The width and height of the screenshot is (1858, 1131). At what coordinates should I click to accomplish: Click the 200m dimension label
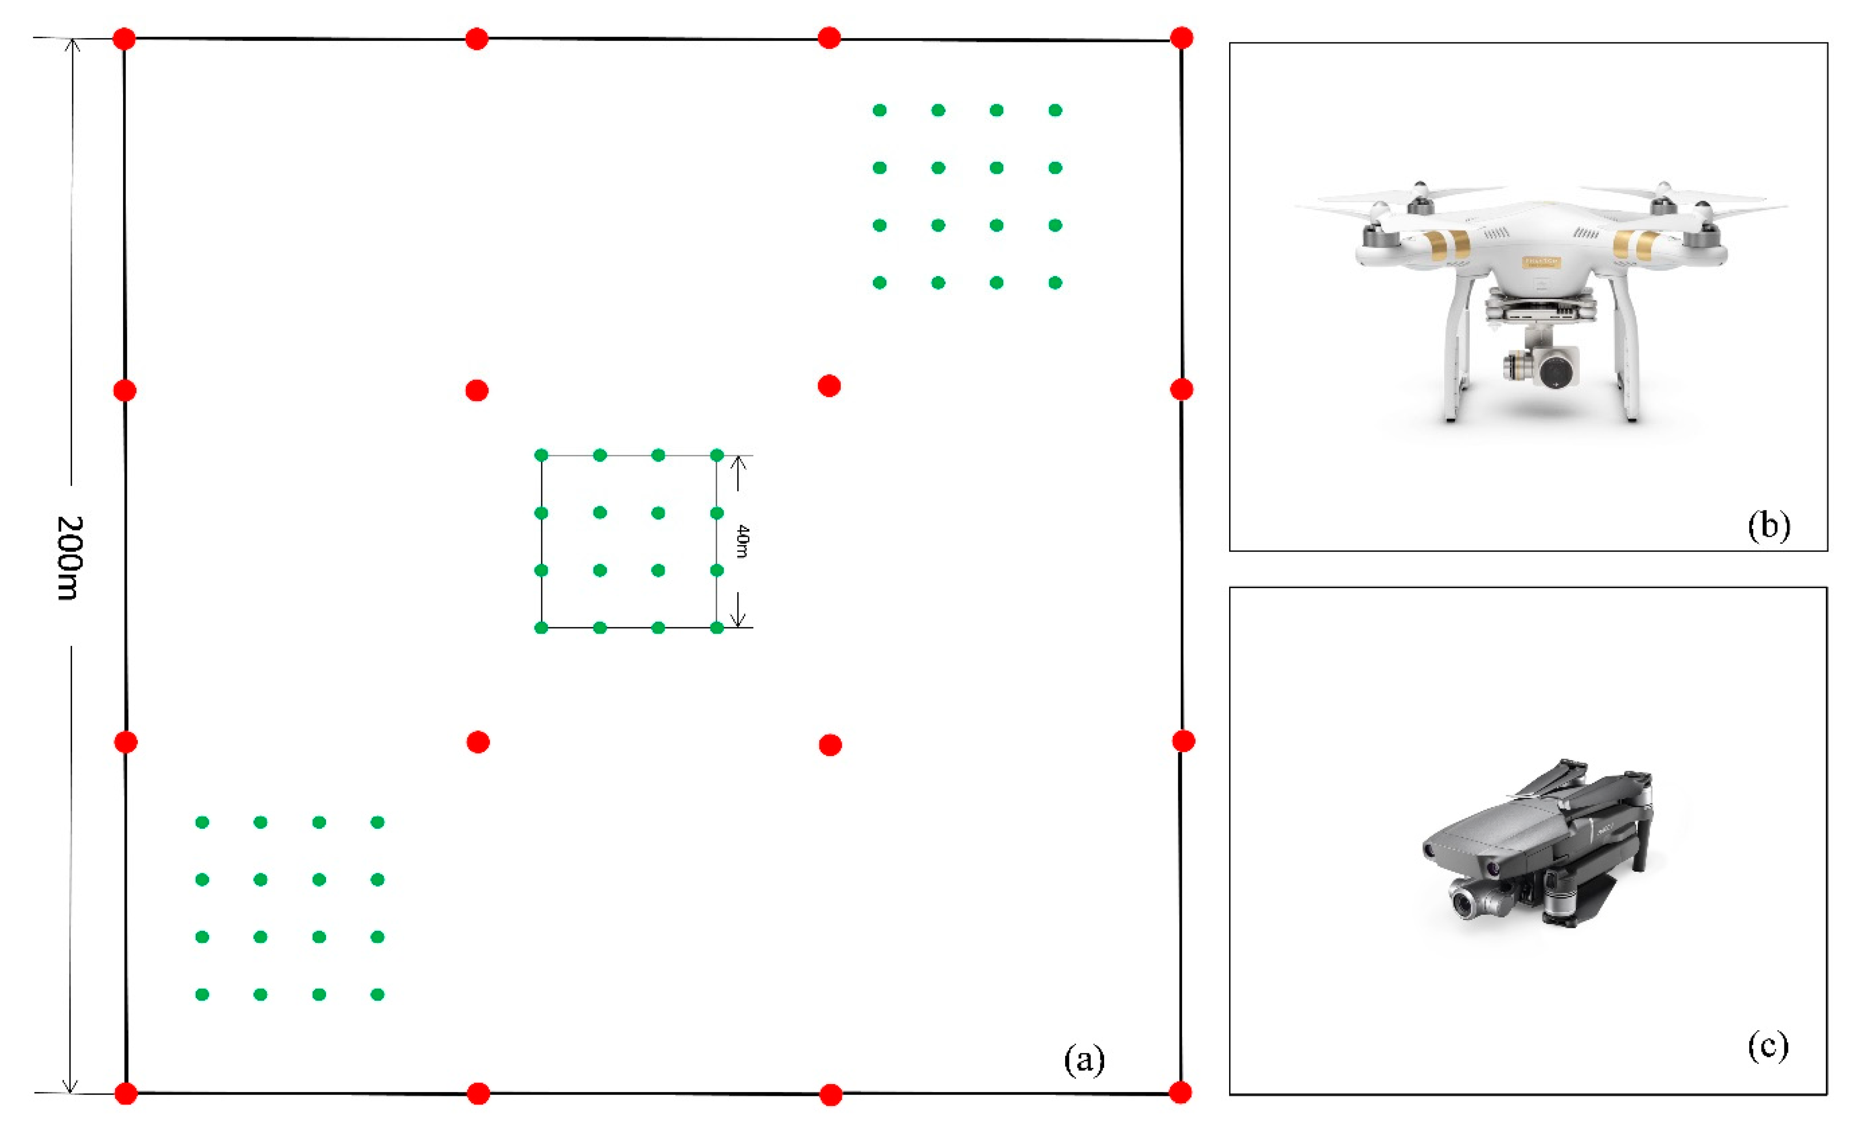69,558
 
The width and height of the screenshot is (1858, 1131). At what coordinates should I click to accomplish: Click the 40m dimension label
743,541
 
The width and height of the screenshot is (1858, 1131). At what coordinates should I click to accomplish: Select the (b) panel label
1768,525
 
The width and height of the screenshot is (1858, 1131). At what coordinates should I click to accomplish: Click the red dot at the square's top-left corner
124,39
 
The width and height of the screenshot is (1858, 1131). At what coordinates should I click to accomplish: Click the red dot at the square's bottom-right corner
1180,1092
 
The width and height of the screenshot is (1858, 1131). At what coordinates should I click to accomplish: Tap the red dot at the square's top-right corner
1182,38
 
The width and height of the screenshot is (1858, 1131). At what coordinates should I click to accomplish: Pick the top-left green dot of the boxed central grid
540,455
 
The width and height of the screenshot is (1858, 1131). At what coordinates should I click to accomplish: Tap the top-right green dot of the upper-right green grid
1055,110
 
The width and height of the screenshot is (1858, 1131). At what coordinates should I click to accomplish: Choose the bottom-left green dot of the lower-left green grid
202,995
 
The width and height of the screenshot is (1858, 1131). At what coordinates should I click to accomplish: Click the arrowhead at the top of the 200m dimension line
72,45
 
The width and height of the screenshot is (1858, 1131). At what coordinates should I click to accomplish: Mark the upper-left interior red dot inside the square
477,391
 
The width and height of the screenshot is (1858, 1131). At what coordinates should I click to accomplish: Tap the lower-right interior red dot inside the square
830,745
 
